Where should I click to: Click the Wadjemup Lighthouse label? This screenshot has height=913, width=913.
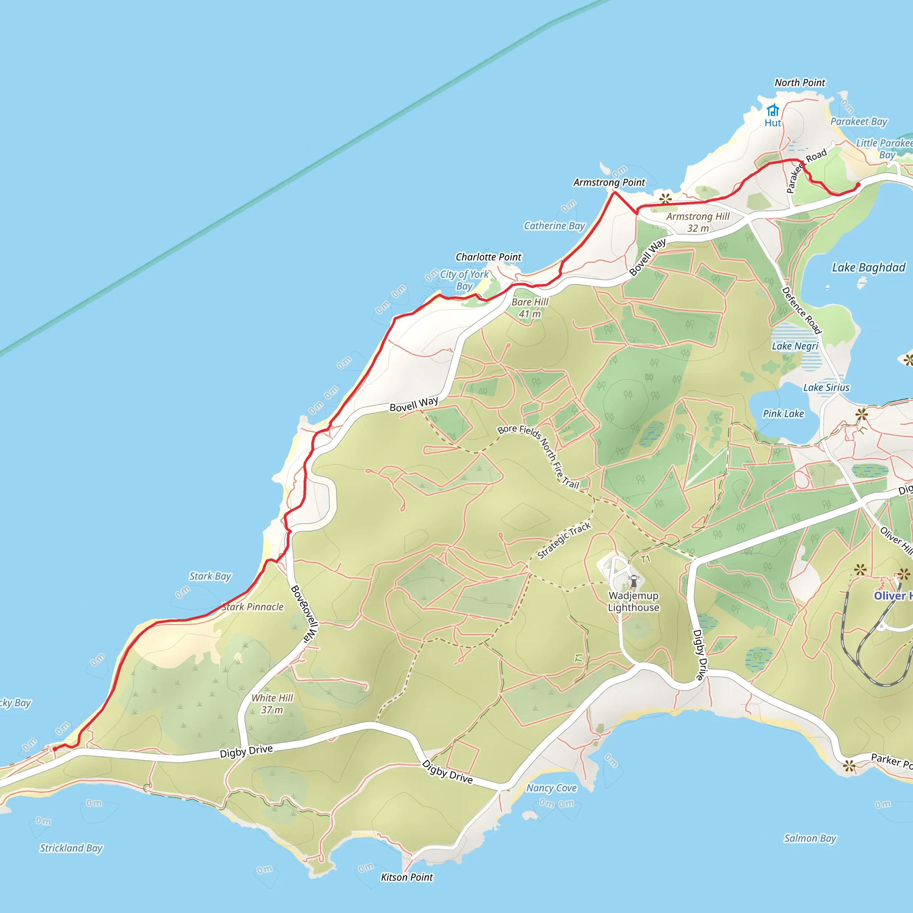[x=633, y=601]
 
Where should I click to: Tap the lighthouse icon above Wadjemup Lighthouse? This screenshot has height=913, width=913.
[x=634, y=581]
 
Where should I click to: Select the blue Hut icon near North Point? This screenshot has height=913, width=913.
[x=773, y=111]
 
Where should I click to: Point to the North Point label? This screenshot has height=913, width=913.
[x=800, y=83]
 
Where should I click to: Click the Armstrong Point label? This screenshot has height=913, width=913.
[x=609, y=182]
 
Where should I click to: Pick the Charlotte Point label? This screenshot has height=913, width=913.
[x=488, y=257]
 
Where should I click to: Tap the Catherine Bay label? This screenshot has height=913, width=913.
[x=554, y=226]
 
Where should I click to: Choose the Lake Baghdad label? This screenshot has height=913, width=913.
[x=868, y=267]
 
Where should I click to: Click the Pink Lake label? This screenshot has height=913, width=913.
[x=783, y=414]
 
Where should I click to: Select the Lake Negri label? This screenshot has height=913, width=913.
[x=795, y=346]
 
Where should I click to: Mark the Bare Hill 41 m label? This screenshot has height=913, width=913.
[x=530, y=308]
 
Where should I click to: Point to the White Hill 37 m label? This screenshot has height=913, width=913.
[x=272, y=703]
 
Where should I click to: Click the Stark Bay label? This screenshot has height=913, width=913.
[x=210, y=576]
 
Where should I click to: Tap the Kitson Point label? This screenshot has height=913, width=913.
[x=407, y=877]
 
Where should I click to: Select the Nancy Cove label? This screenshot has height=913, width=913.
[x=551, y=788]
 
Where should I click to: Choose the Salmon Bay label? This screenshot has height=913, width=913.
[x=810, y=839]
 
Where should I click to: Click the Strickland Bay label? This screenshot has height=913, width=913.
[x=71, y=848]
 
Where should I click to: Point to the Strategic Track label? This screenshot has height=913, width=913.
[x=564, y=541]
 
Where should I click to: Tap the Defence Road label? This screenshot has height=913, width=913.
[x=802, y=310]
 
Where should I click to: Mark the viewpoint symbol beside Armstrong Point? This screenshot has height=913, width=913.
[x=666, y=198]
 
